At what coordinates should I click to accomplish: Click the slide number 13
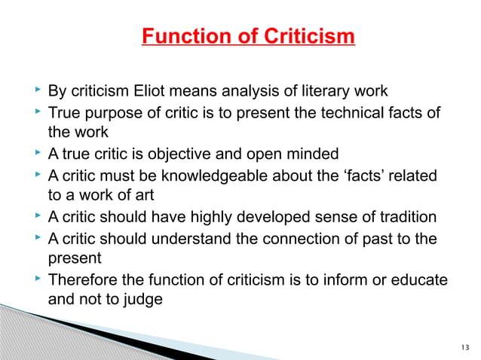click(x=463, y=346)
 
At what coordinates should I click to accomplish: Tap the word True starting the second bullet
click(x=63, y=114)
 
